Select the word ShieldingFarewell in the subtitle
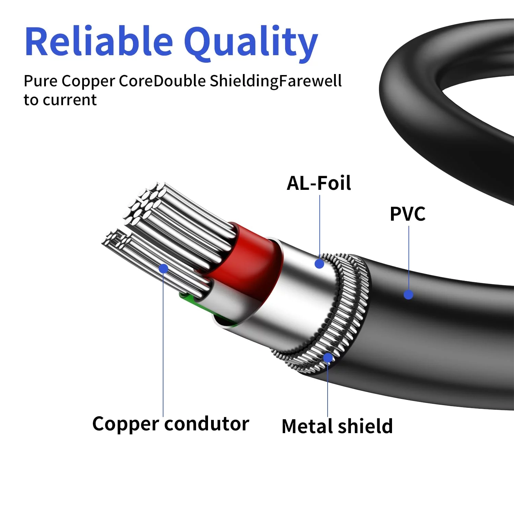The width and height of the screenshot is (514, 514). tap(276, 82)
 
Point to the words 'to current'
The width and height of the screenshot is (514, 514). tap(60, 100)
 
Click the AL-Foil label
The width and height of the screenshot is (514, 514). tap(319, 183)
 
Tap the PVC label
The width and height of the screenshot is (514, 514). tap(407, 214)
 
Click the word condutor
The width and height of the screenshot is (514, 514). tap(207, 424)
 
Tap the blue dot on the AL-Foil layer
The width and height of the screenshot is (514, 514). tap(319, 264)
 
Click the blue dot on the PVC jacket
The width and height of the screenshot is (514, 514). tap(408, 294)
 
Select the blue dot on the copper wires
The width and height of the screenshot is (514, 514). tap(163, 268)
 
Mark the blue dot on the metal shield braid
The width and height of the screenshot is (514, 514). tap(328, 358)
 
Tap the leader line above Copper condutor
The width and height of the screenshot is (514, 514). tap(163, 343)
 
